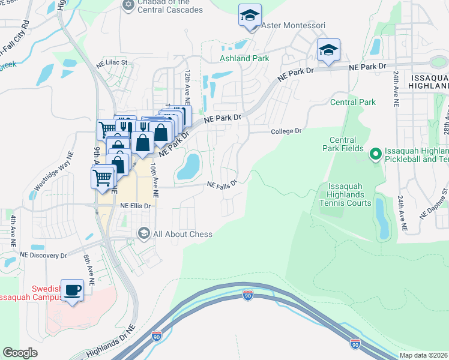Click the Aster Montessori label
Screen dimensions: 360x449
coord(294,26)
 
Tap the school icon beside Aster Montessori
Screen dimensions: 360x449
coord(250,16)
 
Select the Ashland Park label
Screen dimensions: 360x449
coord(244,58)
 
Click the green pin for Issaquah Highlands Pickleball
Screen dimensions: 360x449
coord(376,155)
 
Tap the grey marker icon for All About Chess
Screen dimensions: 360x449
coord(143,233)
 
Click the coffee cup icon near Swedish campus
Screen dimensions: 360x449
coord(73,290)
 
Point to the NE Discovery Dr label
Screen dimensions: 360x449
coord(44,255)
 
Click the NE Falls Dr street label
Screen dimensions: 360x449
coord(223,184)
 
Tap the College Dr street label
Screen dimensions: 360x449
coord(285,131)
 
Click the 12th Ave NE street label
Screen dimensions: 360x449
coord(188,84)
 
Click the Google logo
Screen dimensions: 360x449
coord(20,353)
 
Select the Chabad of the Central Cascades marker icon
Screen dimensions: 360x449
coord(127,5)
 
